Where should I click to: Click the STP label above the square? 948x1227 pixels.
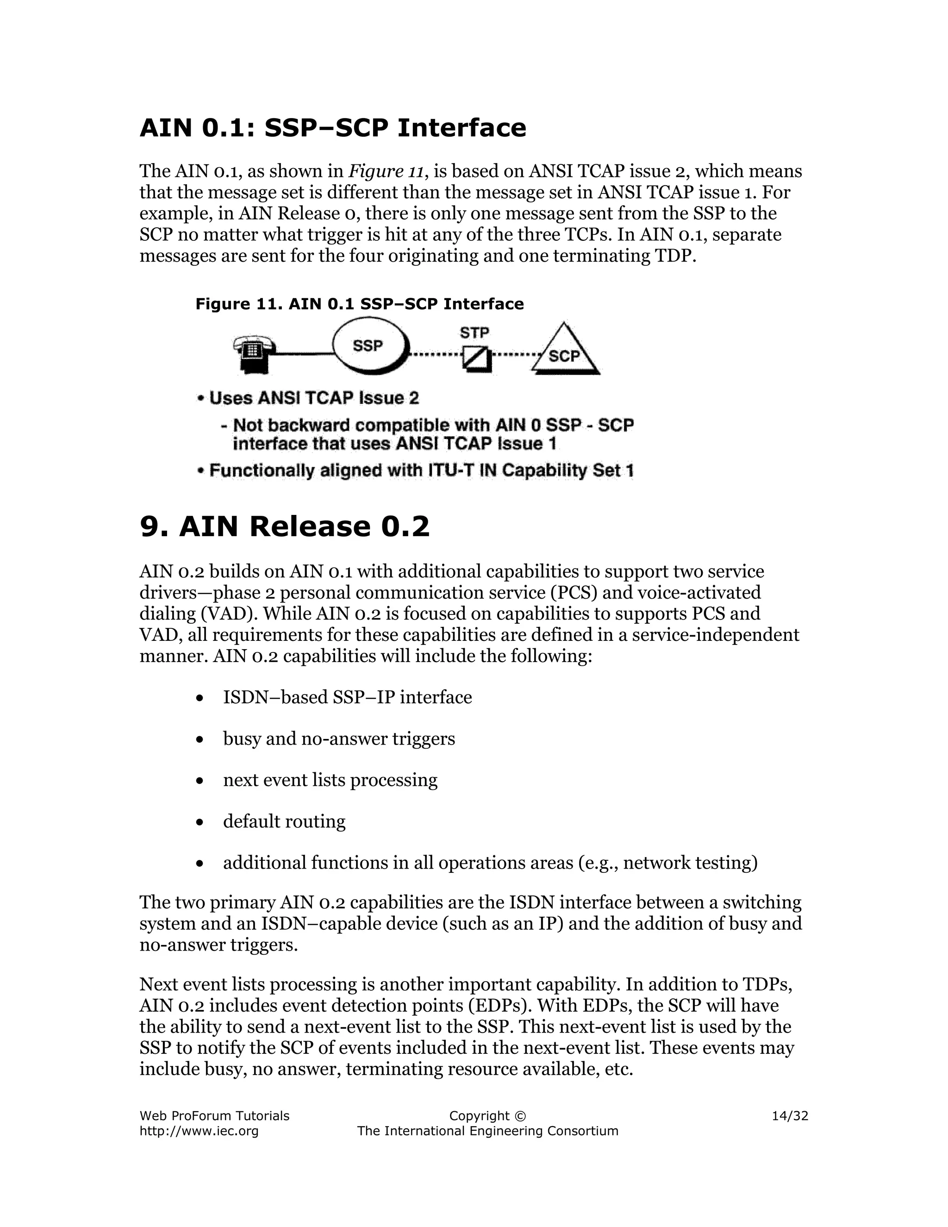(474, 333)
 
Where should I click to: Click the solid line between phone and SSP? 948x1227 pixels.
(303, 353)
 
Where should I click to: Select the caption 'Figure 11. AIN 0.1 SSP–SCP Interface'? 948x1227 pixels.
(359, 304)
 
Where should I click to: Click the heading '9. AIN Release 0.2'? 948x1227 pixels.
(284, 526)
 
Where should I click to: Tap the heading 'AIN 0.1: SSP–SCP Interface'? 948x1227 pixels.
(332, 127)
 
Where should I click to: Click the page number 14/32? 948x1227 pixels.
(790, 1116)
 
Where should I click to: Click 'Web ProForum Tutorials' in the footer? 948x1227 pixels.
(214, 1116)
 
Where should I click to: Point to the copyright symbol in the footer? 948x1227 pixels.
(519, 1116)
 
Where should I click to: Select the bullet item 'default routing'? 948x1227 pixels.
(284, 821)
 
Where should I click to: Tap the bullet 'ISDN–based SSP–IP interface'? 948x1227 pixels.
(347, 697)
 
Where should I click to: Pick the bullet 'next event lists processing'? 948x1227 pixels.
(330, 780)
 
